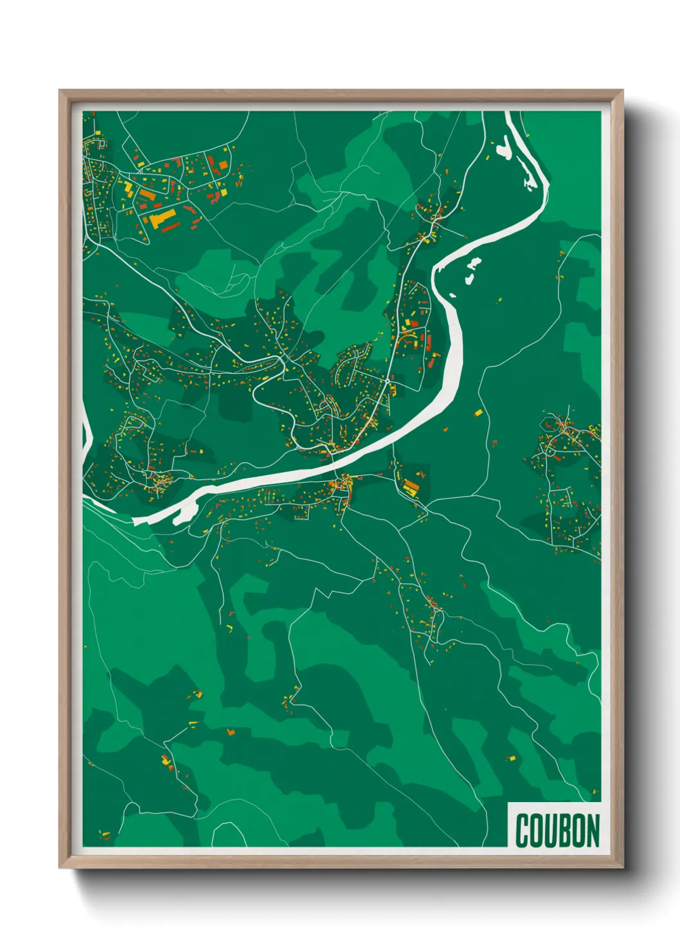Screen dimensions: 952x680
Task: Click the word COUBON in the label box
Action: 557,830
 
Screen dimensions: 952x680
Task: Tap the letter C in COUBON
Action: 522,830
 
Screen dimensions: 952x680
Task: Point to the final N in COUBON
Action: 592,830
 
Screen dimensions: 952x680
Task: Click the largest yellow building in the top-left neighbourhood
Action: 163,217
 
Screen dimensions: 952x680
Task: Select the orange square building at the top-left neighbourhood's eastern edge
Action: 223,165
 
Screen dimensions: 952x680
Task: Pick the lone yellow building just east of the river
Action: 478,412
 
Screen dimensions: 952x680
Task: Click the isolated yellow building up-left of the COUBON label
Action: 512,759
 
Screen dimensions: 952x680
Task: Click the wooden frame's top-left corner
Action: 60,91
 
